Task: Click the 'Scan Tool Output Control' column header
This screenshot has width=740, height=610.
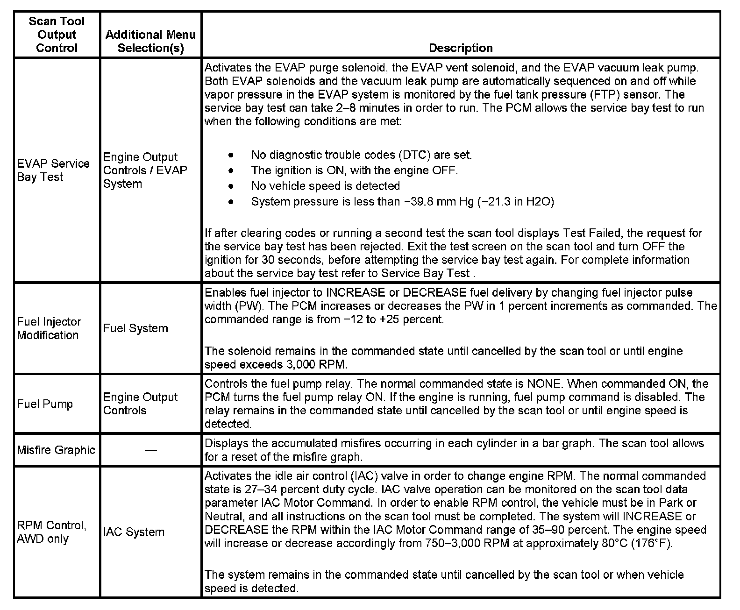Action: [57, 35]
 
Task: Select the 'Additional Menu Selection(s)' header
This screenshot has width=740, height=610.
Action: [150, 41]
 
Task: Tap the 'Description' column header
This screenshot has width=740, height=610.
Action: [460, 48]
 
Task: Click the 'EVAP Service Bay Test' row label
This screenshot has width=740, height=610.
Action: [53, 170]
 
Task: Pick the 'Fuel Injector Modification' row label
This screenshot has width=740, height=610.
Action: [49, 328]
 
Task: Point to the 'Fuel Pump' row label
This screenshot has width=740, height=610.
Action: [45, 404]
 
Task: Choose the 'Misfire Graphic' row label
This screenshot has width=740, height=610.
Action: [56, 450]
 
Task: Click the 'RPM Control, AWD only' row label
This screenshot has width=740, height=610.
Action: [51, 532]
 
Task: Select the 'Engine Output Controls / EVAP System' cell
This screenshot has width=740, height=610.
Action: [144, 170]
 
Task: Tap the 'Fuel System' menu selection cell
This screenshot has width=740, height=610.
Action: [135, 328]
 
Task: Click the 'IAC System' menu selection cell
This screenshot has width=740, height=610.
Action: [134, 532]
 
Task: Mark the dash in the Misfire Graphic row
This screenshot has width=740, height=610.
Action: [150, 450]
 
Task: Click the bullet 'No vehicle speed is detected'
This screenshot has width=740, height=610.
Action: [325, 186]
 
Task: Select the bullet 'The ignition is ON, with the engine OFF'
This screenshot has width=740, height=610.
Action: [354, 170]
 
